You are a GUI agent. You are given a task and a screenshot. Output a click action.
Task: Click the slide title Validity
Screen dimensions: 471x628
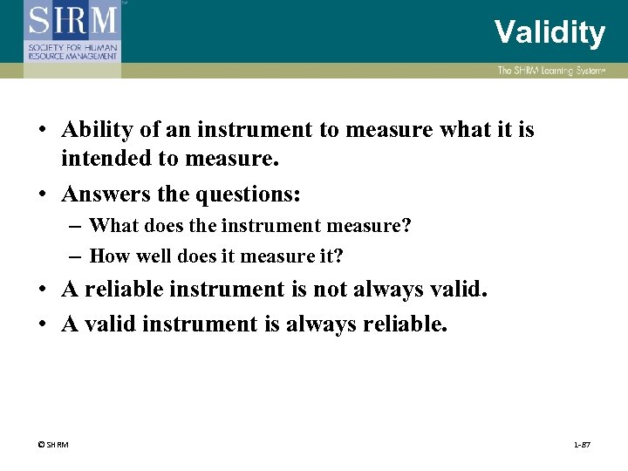click(549, 32)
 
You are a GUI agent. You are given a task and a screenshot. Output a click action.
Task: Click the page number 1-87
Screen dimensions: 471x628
click(582, 445)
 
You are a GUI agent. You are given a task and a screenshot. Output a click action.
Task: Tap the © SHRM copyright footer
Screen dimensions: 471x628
click(53, 445)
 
